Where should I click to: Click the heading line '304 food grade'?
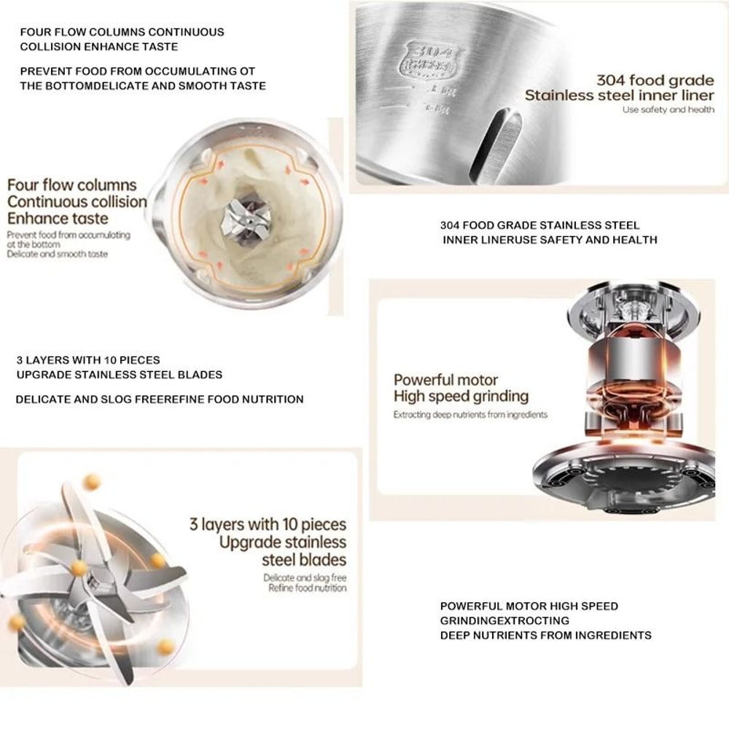(x=655, y=80)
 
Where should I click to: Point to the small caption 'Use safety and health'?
(x=668, y=109)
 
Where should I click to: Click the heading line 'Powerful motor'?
(x=445, y=380)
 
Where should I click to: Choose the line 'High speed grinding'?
(x=461, y=397)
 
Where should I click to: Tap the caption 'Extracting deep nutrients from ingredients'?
(x=470, y=415)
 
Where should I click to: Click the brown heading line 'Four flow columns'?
(x=72, y=184)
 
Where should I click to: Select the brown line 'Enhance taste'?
(x=58, y=218)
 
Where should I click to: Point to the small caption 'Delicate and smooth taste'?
(x=58, y=254)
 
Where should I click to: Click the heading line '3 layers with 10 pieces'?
(x=268, y=524)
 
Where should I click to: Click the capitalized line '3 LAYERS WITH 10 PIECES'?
(x=88, y=360)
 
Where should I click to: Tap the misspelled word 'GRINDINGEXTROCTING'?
(x=504, y=620)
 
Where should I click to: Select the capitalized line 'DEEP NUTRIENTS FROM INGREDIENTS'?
(x=545, y=635)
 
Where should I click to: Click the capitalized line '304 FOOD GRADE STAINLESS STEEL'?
(x=539, y=225)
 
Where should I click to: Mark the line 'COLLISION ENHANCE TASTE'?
(x=99, y=47)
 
